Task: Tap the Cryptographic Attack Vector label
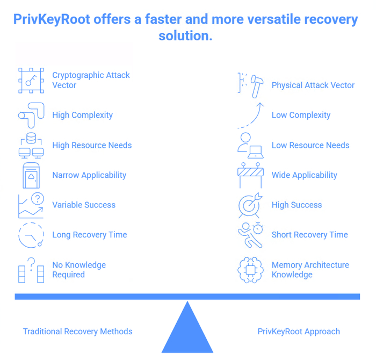(x=91, y=80)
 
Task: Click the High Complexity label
(x=82, y=115)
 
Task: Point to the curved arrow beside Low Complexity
(x=251, y=115)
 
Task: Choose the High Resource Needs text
(x=91, y=145)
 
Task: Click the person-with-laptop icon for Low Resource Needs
(x=250, y=145)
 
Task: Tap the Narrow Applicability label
(x=89, y=175)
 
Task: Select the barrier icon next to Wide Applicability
(x=250, y=175)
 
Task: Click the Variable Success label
(x=83, y=205)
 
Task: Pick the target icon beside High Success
(x=250, y=205)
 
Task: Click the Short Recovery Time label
(x=309, y=235)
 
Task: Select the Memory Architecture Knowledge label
(x=310, y=270)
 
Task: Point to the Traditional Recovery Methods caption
(x=77, y=332)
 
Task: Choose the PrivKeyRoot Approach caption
(x=299, y=332)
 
